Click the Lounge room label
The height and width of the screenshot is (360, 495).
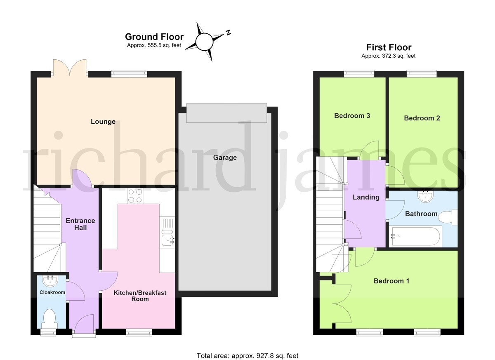point(103,122)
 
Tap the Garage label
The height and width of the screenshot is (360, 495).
point(225,158)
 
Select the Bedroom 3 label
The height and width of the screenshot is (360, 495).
point(352,116)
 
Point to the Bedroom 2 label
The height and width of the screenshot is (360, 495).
point(422,118)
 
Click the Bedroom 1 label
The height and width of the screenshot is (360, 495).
point(391,281)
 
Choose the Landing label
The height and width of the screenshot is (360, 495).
point(366,197)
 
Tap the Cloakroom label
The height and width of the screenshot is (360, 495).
point(52,292)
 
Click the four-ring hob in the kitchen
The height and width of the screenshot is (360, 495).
point(135,196)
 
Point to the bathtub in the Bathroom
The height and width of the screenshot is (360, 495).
point(415,236)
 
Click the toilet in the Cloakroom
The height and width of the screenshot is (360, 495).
point(49,319)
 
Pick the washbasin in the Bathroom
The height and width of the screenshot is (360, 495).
point(425,197)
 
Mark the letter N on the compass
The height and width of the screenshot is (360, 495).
point(228,32)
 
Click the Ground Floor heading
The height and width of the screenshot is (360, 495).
point(154,37)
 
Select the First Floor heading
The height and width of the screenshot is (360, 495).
point(389,47)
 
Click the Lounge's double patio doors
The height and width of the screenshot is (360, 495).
point(70,68)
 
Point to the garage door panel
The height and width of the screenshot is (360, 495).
point(226,113)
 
